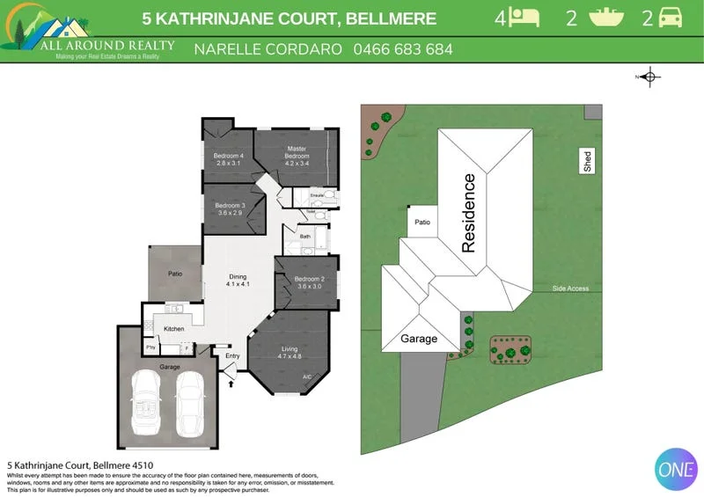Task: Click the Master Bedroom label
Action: click(297, 152)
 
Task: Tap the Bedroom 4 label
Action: click(228, 159)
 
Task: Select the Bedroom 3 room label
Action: click(230, 208)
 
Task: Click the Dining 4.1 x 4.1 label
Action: click(238, 281)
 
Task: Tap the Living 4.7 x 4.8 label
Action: click(290, 353)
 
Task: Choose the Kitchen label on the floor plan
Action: click(174, 328)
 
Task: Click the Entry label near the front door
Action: click(232, 355)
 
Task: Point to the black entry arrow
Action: click(231, 382)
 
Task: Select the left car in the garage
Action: click(148, 400)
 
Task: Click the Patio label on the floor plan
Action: click(175, 274)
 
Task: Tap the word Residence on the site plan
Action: click(468, 214)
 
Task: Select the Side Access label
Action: click(570, 289)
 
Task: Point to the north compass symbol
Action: click(649, 77)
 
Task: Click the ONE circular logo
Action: click(676, 468)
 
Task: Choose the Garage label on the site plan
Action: click(419, 339)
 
